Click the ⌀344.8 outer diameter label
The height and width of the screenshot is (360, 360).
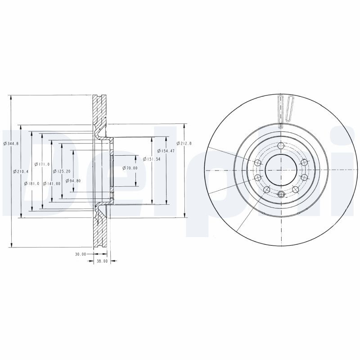tap(11, 144)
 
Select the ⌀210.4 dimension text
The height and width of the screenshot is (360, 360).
tap(21, 171)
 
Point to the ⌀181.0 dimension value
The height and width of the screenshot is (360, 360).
tap(32, 184)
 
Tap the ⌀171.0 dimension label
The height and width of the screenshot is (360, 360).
tap(42, 164)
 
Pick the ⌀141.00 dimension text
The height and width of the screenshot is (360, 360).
tap(52, 184)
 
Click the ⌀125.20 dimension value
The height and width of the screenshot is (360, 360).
tap(62, 171)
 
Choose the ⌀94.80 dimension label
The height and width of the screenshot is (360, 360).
tap(73, 181)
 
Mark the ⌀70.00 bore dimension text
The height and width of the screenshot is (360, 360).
tap(130, 168)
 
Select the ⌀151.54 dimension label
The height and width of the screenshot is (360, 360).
tap(151, 159)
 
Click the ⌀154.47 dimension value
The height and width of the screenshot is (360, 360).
tap(166, 151)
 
